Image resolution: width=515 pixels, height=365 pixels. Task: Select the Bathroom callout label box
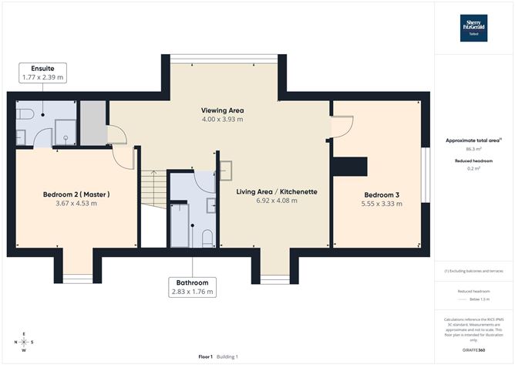192,287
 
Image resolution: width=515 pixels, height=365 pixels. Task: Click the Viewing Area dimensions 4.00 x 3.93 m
222,120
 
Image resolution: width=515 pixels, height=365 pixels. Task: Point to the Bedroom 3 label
382,194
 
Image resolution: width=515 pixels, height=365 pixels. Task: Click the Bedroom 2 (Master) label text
76,194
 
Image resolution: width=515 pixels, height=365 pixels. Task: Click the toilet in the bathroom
207,238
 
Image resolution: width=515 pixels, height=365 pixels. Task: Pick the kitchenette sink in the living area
227,169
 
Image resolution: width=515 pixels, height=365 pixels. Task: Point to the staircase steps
153,189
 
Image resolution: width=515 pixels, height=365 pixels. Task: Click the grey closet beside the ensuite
92,121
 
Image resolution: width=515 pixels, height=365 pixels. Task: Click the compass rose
25,341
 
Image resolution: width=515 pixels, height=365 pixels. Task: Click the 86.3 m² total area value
473,150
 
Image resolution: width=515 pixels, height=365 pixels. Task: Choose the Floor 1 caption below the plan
205,357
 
